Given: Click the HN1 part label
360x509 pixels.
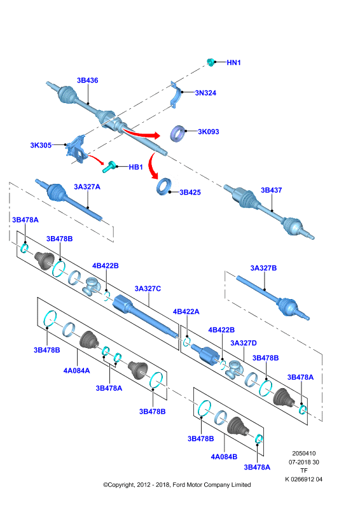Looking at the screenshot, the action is tap(233, 62).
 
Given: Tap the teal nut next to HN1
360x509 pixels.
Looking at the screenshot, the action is tap(211, 62).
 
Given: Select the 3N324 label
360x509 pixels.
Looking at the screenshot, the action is tap(205, 93).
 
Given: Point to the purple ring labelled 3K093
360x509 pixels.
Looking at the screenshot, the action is tap(178, 133).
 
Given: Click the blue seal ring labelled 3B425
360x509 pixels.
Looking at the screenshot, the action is tap(164, 186).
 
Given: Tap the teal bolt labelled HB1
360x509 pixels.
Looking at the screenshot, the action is tap(110, 166).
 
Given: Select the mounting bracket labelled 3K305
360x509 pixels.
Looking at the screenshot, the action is tap(76, 150).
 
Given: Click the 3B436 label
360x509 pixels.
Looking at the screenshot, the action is tap(87, 80).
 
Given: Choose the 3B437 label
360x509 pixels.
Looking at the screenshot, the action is tap(272, 190).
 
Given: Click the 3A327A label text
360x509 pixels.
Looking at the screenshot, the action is tap(87, 186).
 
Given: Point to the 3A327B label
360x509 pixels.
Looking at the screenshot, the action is tap(263, 268).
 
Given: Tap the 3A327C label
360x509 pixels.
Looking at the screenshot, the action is tap(148, 289).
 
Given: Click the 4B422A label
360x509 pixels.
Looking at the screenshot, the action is tap(186, 312).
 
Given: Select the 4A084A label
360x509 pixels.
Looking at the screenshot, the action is tap(76, 370).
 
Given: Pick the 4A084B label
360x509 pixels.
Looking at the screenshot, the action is tap(224, 457).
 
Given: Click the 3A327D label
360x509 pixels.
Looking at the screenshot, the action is tap(244, 343).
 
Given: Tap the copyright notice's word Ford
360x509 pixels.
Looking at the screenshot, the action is tap(179, 485).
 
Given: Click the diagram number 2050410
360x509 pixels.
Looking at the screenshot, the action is tap(304, 454).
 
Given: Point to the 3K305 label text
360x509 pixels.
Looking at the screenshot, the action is tap(41, 145).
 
